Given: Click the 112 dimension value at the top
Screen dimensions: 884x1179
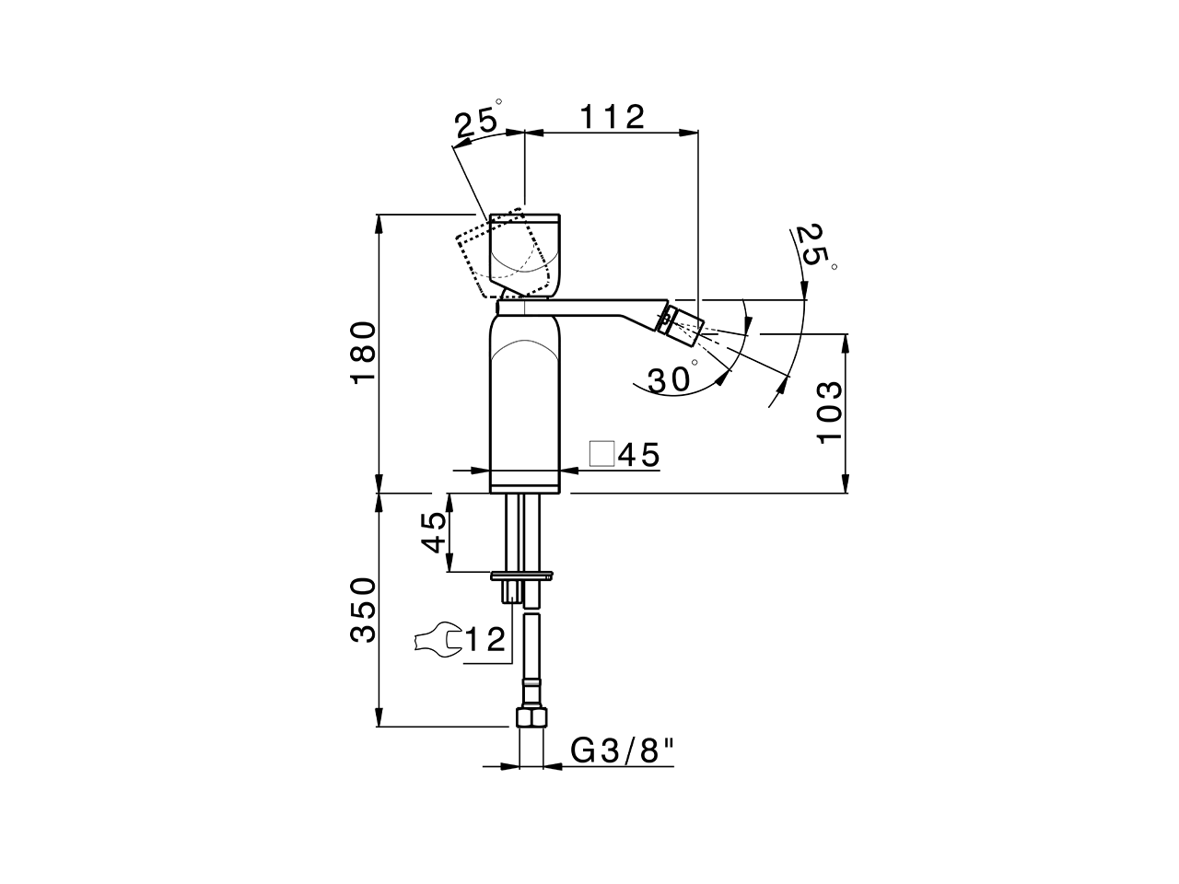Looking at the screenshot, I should point(611,117).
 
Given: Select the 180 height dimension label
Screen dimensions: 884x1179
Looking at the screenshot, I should point(364,352).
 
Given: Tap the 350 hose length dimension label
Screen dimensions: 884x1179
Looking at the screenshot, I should point(364,609).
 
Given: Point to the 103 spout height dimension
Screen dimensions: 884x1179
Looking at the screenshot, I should point(830,411).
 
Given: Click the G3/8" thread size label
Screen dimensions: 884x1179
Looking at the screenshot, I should point(624,751).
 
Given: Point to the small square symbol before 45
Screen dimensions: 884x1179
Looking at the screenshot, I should point(601,454).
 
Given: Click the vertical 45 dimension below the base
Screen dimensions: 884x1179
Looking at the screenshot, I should point(435,532).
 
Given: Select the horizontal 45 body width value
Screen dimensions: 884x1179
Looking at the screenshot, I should point(639,455).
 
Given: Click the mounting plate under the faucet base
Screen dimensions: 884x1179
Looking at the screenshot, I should point(522,576).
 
